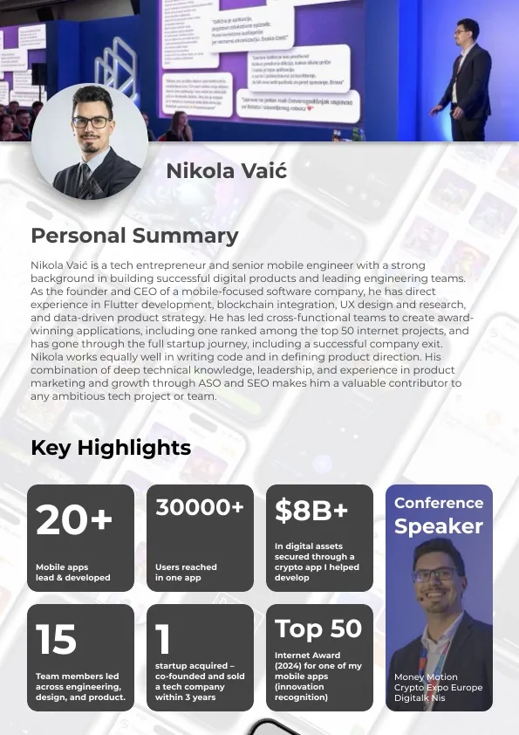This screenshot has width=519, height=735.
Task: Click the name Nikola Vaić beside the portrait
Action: (x=226, y=170)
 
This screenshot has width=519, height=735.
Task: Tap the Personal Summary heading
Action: (x=134, y=235)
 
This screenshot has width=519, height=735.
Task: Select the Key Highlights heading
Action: (x=111, y=448)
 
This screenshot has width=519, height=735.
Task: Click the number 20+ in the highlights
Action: (x=74, y=520)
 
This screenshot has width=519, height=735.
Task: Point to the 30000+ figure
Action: (x=200, y=507)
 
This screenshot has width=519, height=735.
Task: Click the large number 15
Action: (x=56, y=640)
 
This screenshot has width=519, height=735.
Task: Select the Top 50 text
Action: (x=318, y=629)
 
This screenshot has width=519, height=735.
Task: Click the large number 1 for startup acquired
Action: (x=163, y=640)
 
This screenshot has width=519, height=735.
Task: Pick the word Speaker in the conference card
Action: (x=439, y=526)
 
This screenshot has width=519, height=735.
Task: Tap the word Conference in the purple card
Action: (x=439, y=503)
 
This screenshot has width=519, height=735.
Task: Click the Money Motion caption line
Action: (x=426, y=677)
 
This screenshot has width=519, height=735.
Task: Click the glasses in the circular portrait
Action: (x=92, y=122)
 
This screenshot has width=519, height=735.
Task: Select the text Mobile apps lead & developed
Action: (x=73, y=573)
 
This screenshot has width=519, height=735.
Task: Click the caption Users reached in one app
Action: (x=186, y=573)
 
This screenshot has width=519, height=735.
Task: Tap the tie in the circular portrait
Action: (x=87, y=178)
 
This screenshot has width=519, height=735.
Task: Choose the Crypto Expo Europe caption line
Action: (x=438, y=687)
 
